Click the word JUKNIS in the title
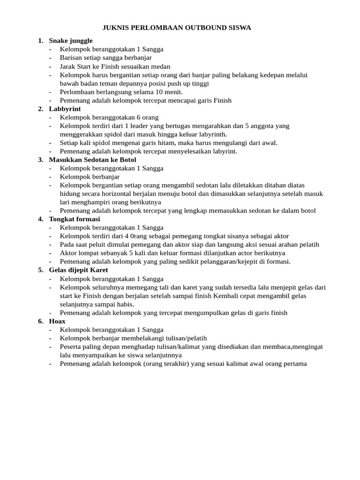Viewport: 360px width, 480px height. [115, 28]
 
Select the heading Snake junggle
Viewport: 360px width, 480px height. [71, 41]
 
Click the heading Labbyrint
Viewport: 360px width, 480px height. [65, 109]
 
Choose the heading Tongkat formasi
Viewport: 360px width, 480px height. [75, 219]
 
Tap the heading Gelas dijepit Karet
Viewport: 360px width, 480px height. [78, 270]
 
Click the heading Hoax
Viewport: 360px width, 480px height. [57, 321]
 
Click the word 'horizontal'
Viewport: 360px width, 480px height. [120, 194]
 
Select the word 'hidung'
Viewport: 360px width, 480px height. [70, 194]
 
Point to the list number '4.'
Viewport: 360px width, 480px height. [41, 219]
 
